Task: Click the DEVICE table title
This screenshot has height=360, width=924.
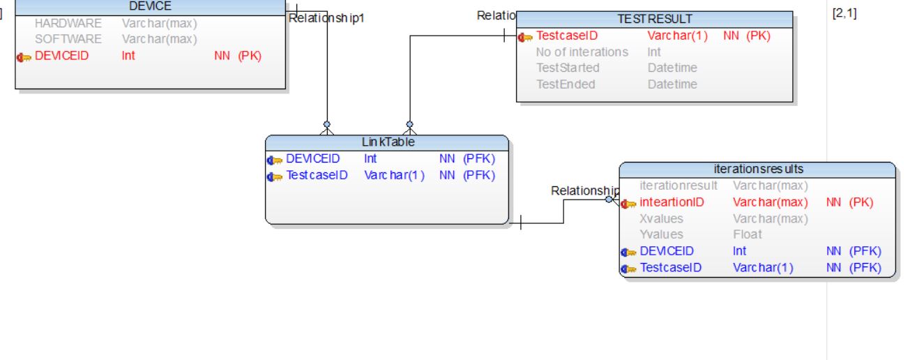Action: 150,6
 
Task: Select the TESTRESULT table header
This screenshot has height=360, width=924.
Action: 654,19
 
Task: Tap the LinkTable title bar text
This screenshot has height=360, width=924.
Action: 388,142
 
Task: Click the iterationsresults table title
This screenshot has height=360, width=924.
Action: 757,169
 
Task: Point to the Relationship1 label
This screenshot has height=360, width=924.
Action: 326,18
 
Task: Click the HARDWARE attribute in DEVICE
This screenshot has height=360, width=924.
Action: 68,23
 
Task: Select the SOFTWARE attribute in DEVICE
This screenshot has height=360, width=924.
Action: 68,39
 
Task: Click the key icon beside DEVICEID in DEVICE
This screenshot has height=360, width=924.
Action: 25,57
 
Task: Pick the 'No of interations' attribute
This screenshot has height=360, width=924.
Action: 582,52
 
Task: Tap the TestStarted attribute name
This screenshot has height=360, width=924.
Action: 568,68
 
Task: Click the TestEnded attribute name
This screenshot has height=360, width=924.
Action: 566,84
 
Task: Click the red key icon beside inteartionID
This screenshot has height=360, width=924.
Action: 629,204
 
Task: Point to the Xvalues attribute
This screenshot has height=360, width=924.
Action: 661,218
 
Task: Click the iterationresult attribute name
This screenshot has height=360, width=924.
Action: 679,186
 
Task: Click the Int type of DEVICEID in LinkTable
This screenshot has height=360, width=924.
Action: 370,158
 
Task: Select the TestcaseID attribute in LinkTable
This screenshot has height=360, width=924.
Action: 317,175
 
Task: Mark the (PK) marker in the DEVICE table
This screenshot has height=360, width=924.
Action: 250,56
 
